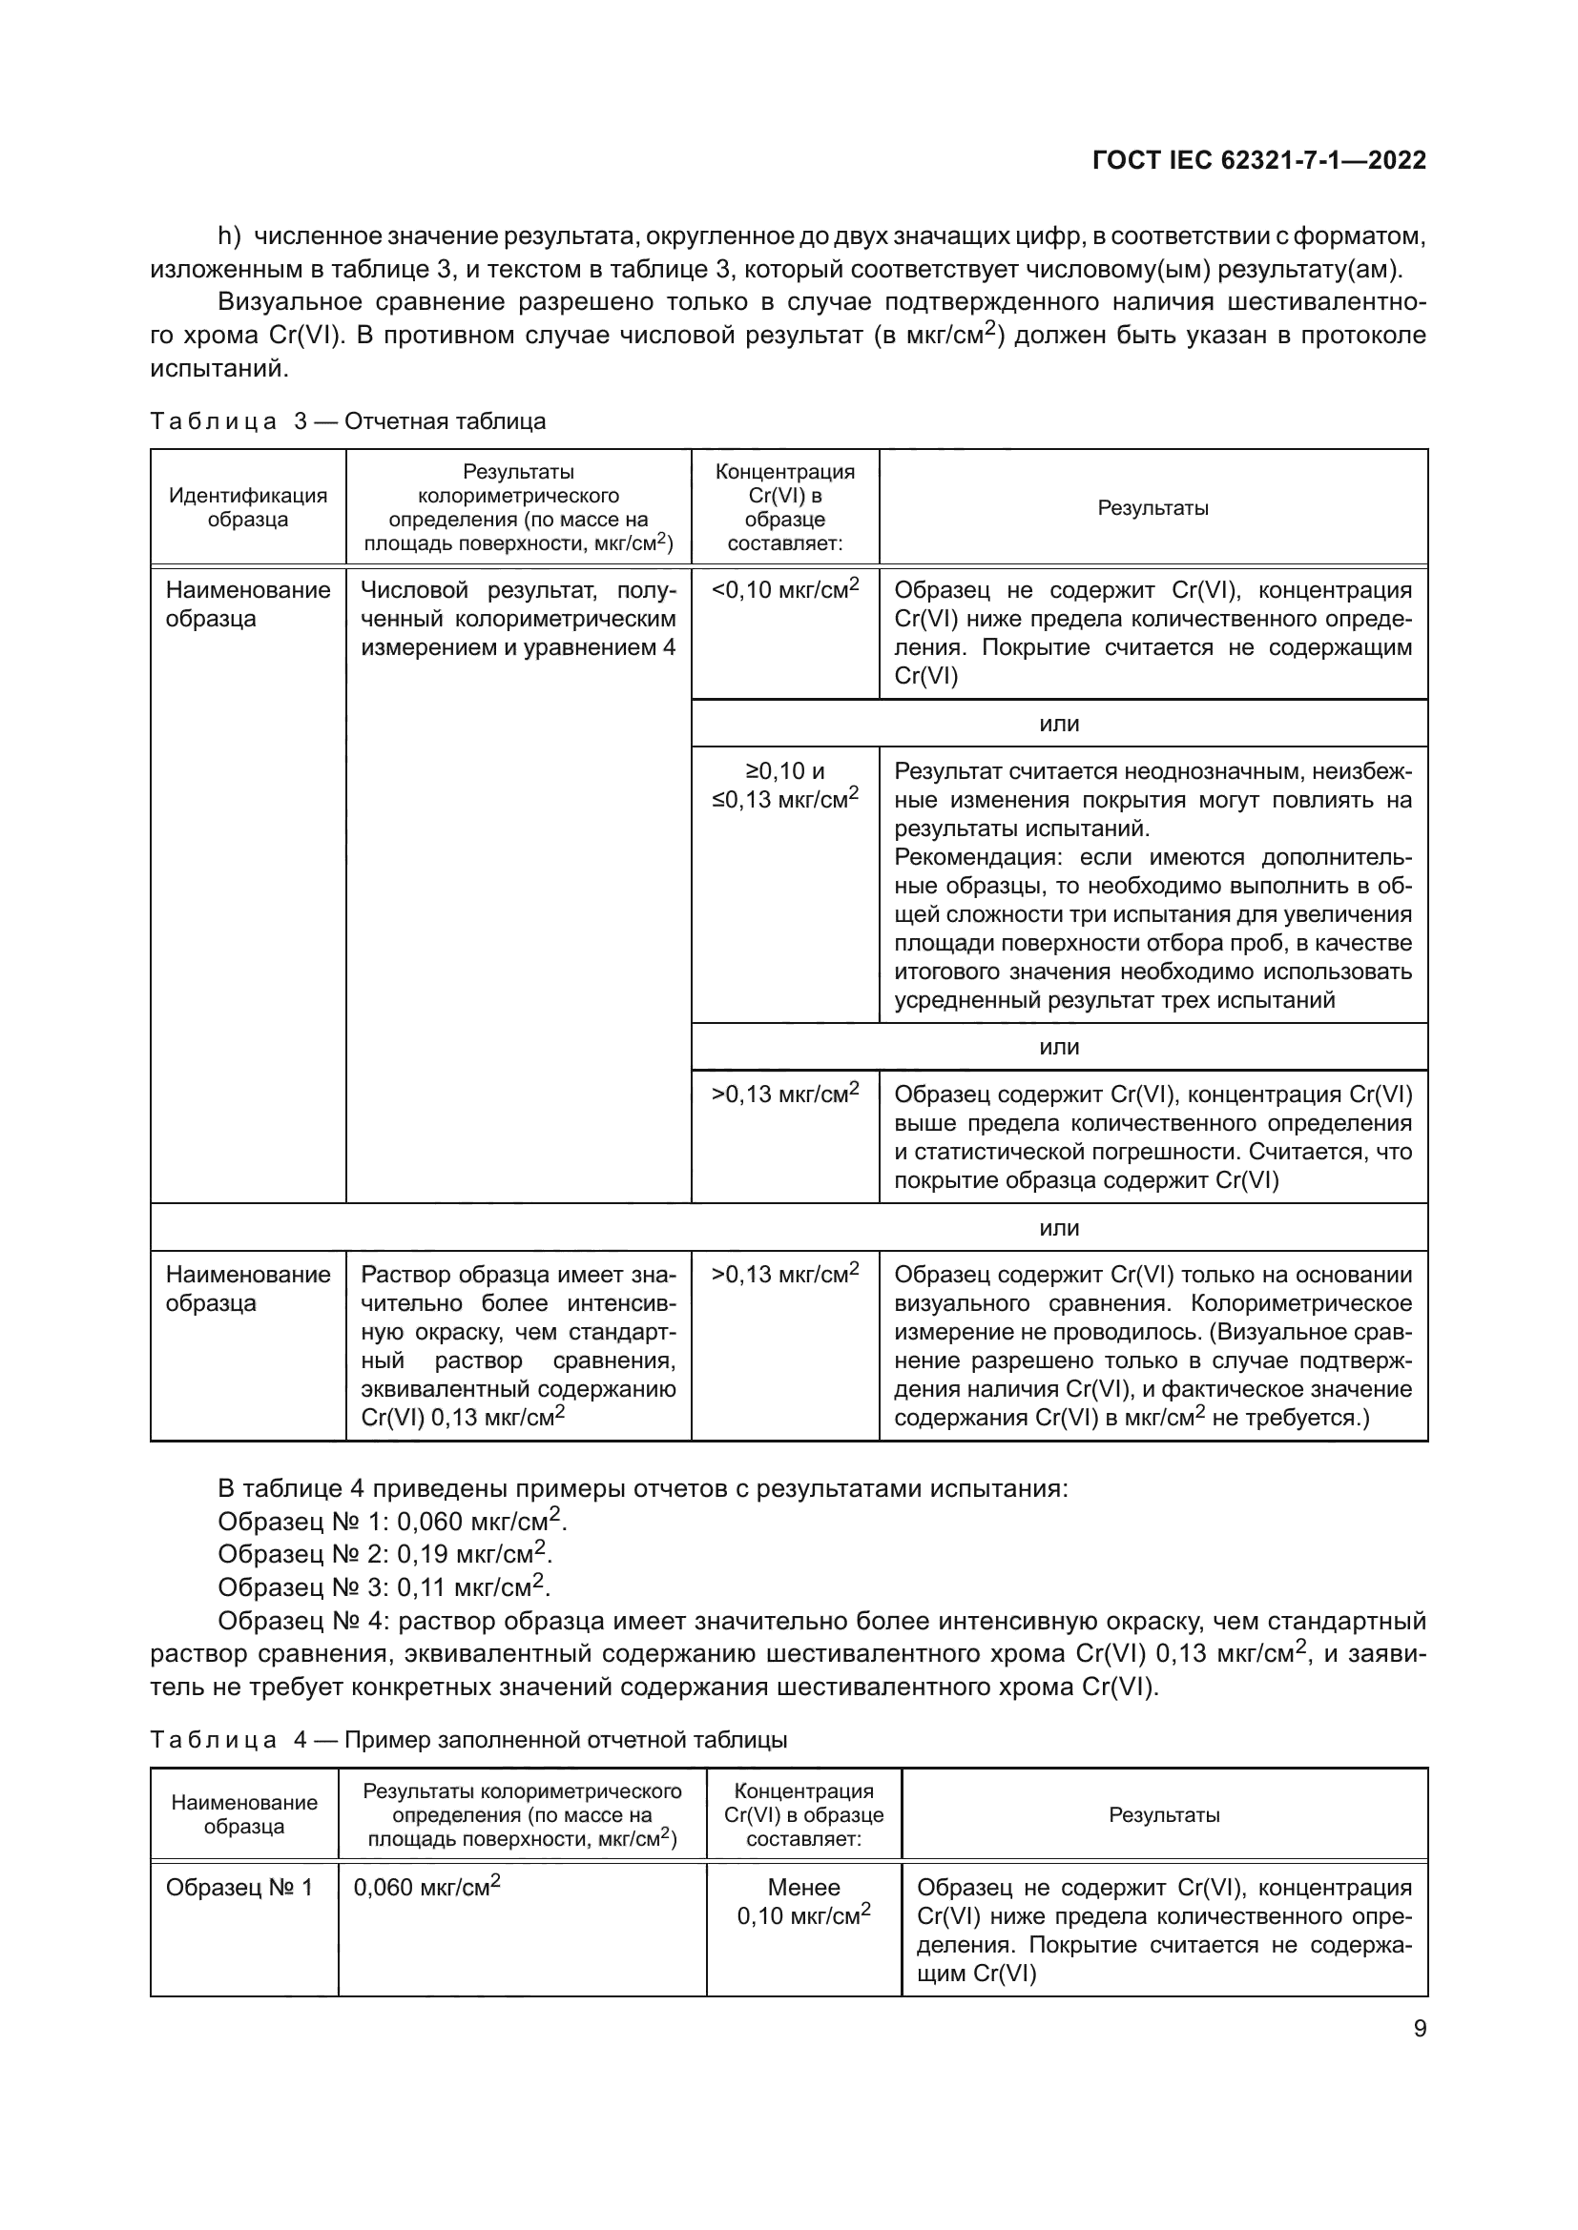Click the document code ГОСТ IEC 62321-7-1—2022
click(1258, 161)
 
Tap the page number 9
click(1420, 2029)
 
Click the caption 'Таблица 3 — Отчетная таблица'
click(348, 420)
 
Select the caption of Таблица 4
click(468, 1740)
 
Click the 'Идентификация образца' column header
click(248, 507)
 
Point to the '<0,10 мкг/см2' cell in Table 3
click(785, 589)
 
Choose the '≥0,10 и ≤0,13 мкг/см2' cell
click(785, 785)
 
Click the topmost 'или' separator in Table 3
click(1059, 724)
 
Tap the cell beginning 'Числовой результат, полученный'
click(518, 619)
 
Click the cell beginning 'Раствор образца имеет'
click(518, 1345)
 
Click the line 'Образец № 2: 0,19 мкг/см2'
click(384, 1553)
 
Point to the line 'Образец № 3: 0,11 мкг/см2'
click(384, 1587)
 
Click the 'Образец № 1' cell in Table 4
click(239, 1887)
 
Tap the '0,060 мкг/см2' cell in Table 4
click(426, 1887)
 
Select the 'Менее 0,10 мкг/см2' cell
click(803, 1901)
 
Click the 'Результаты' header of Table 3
click(1152, 507)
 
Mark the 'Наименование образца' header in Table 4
click(244, 1814)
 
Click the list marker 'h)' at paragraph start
click(229, 236)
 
